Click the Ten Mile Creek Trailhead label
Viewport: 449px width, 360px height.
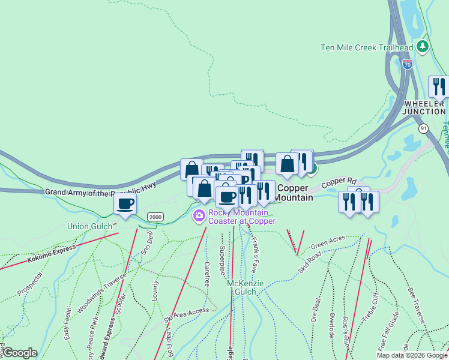[367, 48]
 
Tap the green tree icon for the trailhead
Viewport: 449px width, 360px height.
[423, 46]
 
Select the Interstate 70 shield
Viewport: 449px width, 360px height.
[408, 64]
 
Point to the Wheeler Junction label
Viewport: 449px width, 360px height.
[424, 107]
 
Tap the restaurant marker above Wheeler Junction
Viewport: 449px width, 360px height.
[439, 88]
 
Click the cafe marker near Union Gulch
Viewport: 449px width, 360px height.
[125, 205]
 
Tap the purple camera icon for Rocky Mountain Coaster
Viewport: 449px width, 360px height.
[199, 215]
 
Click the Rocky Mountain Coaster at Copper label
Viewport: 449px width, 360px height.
[241, 217]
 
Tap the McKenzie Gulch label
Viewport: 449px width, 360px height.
[241, 287]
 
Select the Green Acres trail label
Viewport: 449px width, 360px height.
[328, 242]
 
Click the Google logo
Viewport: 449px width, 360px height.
[20, 353]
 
